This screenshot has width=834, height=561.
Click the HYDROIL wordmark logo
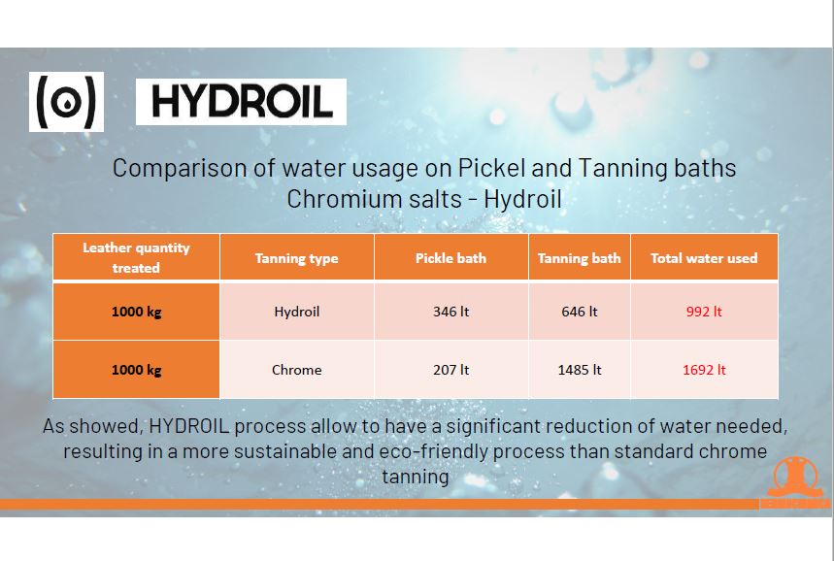point(241,102)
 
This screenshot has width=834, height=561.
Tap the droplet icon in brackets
point(66,102)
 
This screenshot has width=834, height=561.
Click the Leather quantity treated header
point(136,257)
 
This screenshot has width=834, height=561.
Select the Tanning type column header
point(296,258)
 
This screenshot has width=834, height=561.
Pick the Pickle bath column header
point(450,258)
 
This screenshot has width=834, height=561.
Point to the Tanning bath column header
point(580,258)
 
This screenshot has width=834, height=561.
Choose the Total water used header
point(704,258)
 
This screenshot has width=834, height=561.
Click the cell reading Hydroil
point(297,312)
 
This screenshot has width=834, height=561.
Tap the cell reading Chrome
point(297,370)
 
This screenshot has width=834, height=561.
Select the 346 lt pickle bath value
point(451,312)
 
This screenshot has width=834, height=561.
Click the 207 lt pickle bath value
point(451,370)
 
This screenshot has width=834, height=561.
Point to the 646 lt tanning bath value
point(580,312)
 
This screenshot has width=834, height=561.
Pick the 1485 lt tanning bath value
point(580,370)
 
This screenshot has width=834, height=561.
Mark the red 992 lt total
point(704,312)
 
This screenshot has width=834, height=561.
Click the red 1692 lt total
point(704,370)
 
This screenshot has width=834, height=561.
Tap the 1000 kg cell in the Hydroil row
point(136,312)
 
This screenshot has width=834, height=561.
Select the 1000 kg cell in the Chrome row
point(136,370)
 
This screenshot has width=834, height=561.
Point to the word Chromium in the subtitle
point(374,199)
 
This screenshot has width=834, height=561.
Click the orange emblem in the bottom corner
point(794,482)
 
